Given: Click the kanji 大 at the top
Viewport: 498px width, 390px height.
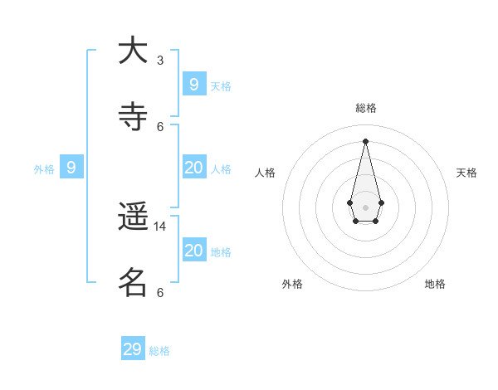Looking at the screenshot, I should coord(133,50).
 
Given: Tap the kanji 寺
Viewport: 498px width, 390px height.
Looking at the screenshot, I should coord(133,116).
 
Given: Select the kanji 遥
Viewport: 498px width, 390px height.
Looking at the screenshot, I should coord(133,217).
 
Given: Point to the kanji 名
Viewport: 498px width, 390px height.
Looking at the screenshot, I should coord(133,283).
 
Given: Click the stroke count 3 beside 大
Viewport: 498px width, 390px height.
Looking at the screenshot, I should coord(160,61).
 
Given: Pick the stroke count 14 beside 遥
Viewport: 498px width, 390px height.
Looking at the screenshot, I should coord(161,226).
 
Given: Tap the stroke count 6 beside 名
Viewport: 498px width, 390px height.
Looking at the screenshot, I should coord(160,292).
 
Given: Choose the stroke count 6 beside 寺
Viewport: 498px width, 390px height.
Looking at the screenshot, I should coord(160,126).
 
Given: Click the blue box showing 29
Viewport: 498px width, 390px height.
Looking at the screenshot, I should coord(133,349).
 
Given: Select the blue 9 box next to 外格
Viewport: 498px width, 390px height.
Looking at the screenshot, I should coord(71,168).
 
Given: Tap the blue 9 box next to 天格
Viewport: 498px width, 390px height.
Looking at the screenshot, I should coord(194,84).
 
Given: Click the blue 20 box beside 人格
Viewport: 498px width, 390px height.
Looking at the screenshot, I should coord(194,168).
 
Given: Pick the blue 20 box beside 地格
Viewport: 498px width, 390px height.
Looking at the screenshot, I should coord(194,250).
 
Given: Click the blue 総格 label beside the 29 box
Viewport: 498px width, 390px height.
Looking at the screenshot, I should coord(159,351).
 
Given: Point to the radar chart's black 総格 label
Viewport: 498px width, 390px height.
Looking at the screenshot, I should coord(366,108).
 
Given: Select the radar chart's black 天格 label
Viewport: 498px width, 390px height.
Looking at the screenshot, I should coord(466,173).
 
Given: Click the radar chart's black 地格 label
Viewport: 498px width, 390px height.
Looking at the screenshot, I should coord(435,284).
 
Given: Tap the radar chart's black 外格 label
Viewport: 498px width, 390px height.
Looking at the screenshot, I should coord(292,284).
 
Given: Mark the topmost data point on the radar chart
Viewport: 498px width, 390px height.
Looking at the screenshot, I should coord(365,140).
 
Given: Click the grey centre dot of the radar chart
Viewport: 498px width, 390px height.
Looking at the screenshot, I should coord(365,207).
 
